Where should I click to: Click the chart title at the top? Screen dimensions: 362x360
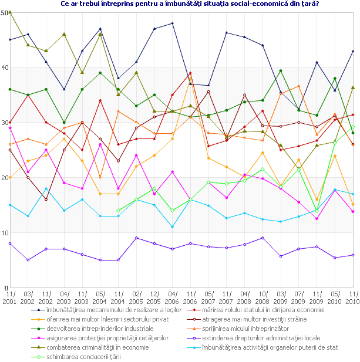pos(181,4)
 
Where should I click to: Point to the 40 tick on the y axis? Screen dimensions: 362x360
pos(5,67)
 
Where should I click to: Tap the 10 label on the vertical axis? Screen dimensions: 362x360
pos(5,234)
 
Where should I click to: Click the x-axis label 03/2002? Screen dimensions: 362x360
pos(28,296)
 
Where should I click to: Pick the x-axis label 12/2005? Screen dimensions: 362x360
pos(154,296)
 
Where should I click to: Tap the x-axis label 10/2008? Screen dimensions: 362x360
pos(263,296)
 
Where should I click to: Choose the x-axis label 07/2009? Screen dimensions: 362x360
pos(299,296)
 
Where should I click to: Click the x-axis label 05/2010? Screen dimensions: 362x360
pos(335,296)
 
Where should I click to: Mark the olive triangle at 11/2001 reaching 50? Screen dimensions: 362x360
pos(10,12)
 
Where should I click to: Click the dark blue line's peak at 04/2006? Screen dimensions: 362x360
pos(173,23)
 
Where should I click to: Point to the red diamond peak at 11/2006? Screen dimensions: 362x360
pos(191,73)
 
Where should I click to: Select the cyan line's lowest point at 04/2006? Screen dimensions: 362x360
pos(173,227)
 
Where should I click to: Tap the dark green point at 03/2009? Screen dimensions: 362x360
pos(281,71)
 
